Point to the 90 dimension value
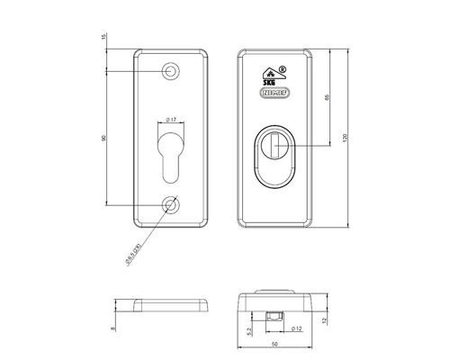105,138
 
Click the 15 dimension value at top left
105,37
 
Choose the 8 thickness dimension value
113,329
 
